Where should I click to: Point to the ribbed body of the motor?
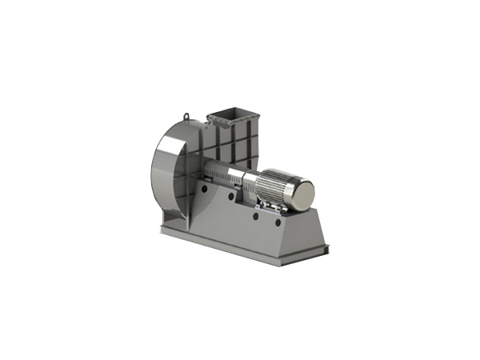tap(276, 186)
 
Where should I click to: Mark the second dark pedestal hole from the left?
tap(230, 196)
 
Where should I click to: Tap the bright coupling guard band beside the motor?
tap(249, 186)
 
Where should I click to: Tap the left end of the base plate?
tap(163, 231)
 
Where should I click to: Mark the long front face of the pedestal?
tap(240, 224)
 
